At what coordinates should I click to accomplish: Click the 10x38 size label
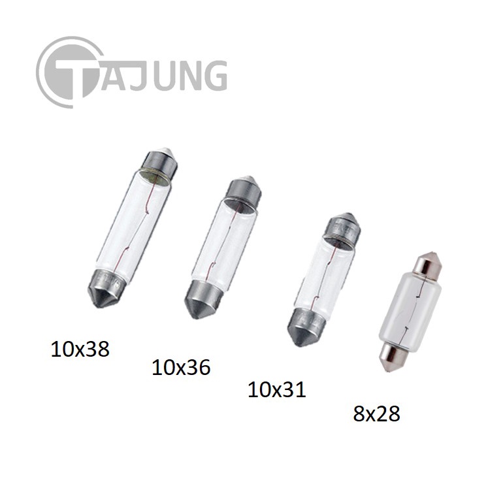tap(80, 349)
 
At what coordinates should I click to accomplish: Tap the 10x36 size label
tap(181, 367)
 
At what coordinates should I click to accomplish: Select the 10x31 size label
tap(277, 389)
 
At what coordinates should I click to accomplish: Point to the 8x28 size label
tap(376, 414)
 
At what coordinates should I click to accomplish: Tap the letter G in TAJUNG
tap(212, 75)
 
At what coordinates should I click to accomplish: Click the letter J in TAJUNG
tap(140, 75)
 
